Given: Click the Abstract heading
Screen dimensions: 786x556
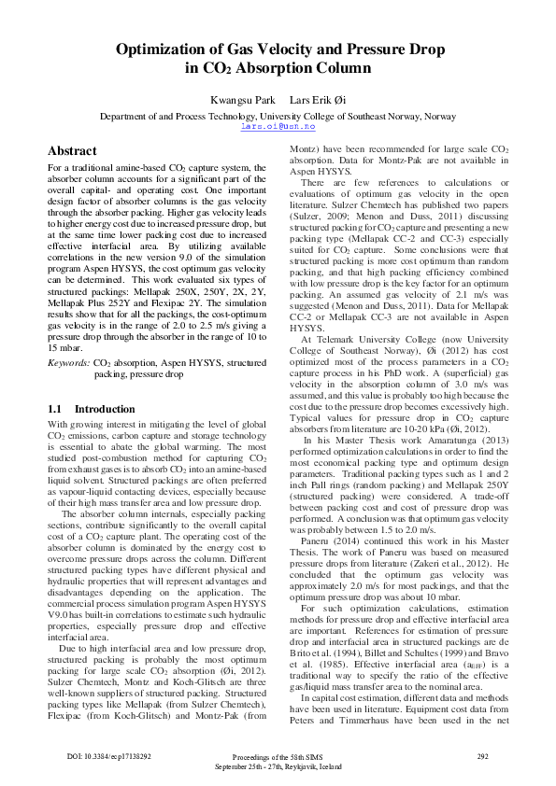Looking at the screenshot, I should pyautogui.click(x=72, y=151).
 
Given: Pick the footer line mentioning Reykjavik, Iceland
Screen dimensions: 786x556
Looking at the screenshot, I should pyautogui.click(x=278, y=765).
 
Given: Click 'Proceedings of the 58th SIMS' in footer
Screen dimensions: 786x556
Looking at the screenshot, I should pyautogui.click(x=278, y=755).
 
